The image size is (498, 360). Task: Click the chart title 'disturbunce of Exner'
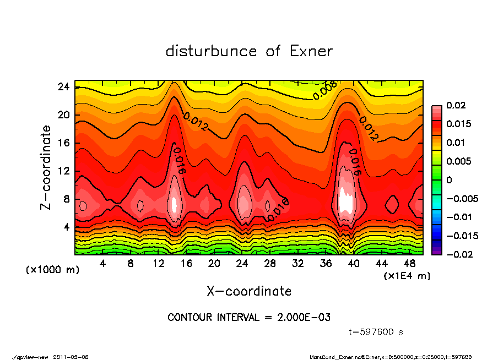(249, 51)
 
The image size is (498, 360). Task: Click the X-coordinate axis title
(249, 291)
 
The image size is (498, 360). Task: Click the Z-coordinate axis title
(46, 168)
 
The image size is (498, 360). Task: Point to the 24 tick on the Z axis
(64, 87)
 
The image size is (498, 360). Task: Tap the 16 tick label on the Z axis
(64, 143)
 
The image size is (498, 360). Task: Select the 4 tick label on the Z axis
(67, 227)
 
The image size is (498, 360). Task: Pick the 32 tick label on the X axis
(297, 264)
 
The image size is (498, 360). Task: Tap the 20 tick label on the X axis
(214, 264)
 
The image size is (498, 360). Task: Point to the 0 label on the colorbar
(449, 180)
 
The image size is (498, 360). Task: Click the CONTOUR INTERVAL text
(249, 318)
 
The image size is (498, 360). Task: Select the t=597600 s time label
(376, 332)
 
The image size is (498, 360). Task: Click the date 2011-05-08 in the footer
(71, 357)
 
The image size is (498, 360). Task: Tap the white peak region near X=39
(346, 201)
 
